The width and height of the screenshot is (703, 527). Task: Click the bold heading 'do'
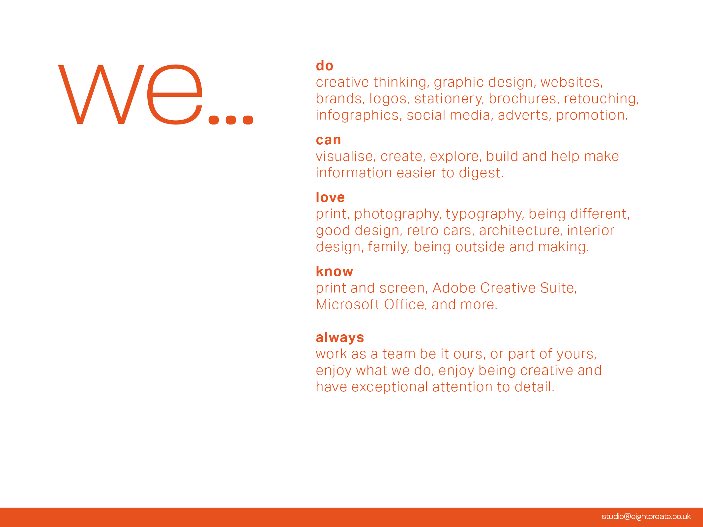pos(324,66)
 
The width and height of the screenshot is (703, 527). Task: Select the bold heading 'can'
pos(328,140)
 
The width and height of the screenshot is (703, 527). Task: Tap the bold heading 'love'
pos(330,198)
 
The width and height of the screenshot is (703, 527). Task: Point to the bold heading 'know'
pos(334,272)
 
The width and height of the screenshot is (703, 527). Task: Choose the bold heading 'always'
pos(340,338)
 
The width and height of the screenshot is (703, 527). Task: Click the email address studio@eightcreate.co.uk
pos(646,516)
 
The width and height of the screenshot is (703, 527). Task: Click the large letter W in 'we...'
pos(101,95)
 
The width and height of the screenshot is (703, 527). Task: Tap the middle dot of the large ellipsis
pos(231,120)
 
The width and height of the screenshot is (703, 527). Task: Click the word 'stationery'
pos(449,99)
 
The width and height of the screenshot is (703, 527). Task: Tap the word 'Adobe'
pos(454,288)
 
